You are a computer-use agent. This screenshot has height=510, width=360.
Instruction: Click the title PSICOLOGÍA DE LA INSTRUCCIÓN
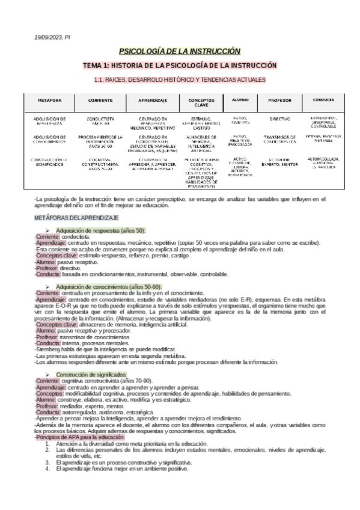coord(180,52)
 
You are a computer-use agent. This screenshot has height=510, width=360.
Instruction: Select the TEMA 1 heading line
coord(180,65)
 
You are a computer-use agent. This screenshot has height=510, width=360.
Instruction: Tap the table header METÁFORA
coord(50,100)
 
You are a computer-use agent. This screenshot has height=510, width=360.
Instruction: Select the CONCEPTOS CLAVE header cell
coord(197,103)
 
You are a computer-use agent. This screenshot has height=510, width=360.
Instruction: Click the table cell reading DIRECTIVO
coord(279,119)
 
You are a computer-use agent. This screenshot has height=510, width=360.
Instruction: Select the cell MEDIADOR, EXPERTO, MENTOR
coord(279,162)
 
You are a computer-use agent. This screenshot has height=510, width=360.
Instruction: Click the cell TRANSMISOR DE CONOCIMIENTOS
coord(279,140)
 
